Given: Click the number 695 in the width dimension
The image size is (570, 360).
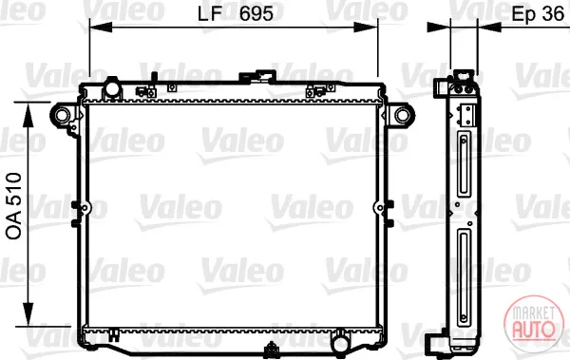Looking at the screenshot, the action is point(256,14).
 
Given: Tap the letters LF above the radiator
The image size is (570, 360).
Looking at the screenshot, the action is point(210,14).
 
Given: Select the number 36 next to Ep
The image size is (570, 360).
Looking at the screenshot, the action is point(553,14).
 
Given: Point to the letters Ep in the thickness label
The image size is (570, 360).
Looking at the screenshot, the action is point(524,15).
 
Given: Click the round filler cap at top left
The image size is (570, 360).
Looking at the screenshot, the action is point(112,87).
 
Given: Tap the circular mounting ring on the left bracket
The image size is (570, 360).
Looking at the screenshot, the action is point(61,115).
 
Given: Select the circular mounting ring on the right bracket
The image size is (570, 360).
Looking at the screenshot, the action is point(403,115).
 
